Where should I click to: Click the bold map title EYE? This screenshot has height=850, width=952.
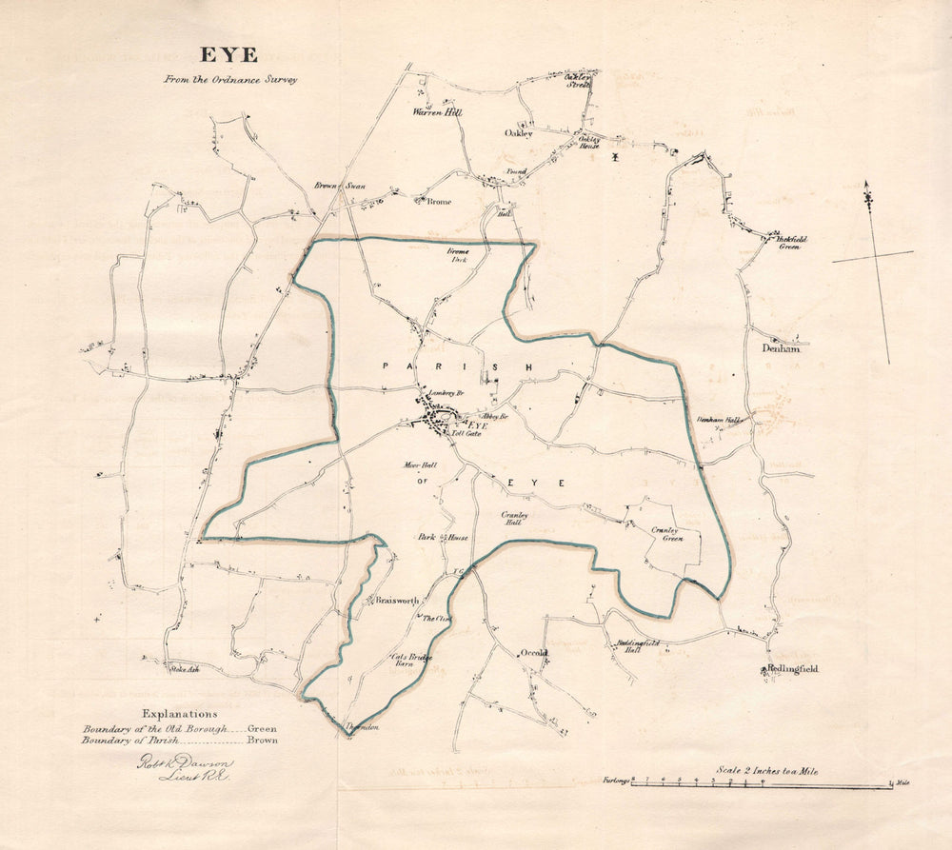228,55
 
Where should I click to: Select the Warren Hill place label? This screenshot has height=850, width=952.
437,112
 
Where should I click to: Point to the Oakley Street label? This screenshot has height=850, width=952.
579,80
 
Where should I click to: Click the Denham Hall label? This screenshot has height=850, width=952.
719,419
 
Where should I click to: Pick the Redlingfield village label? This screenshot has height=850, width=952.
793,670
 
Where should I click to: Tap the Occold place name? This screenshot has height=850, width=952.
534,653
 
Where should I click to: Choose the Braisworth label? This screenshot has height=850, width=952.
397,602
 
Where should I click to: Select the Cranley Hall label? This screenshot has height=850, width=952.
512,519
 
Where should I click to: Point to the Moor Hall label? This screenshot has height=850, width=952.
419,466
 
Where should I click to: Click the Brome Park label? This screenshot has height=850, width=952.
460,255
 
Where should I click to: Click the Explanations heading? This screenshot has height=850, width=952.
180,714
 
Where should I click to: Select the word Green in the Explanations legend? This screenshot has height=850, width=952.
262,728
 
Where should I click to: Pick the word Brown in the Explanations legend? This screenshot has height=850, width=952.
263,740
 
